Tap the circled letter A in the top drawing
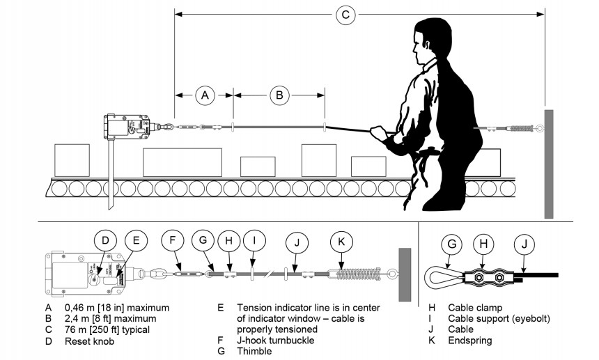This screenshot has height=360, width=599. tap(204, 95)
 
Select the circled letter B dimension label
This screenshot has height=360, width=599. tap(279, 95)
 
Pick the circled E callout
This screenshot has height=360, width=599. tap(137, 242)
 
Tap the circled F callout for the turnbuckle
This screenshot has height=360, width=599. tap(173, 242)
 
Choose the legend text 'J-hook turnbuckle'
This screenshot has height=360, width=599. tap(276, 341)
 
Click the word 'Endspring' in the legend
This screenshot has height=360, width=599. tap(471, 341)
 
